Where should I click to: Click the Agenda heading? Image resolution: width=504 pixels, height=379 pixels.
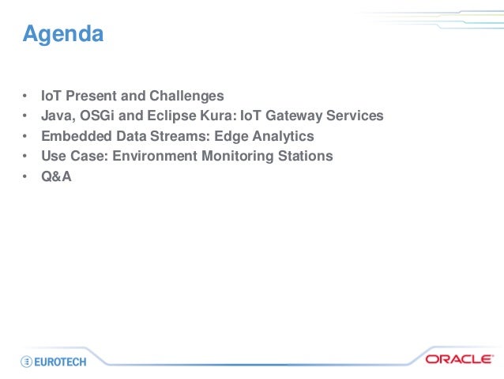click(x=62, y=35)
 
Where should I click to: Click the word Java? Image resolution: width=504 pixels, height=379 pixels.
click(x=57, y=116)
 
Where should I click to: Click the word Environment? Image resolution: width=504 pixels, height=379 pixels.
click(x=155, y=156)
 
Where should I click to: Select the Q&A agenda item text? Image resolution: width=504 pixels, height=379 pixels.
click(x=56, y=176)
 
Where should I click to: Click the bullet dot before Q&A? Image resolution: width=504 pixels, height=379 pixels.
click(x=25, y=176)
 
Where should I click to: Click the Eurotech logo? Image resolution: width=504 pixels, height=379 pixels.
click(x=54, y=360)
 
